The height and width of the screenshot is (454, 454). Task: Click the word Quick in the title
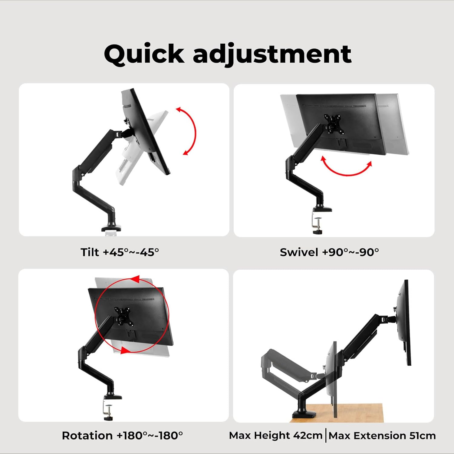[144, 54]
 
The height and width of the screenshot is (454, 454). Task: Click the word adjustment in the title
[272, 54]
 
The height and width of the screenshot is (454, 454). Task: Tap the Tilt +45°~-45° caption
[120, 252]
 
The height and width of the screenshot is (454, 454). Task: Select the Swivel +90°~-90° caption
[329, 252]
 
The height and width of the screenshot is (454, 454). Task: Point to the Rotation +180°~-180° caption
[122, 436]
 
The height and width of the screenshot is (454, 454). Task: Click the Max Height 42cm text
[275, 436]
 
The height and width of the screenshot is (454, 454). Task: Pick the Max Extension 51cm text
[382, 436]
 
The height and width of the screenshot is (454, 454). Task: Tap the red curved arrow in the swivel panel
[346, 169]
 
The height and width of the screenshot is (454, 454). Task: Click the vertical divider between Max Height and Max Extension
[326, 436]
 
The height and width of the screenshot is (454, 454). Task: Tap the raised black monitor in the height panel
[404, 322]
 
